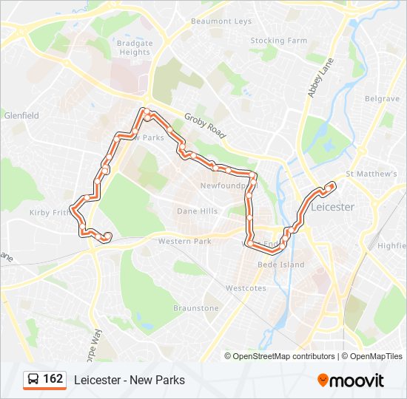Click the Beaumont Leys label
pyautogui.click(x=221, y=21)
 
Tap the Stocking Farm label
pyautogui.click(x=278, y=41)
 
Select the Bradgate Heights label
pyautogui.click(x=134, y=48)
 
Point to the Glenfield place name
pyautogui.click(x=21, y=115)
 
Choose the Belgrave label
pyautogui.click(x=382, y=98)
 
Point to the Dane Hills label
pyautogui.click(x=198, y=211)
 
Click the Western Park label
pyautogui.click(x=184, y=242)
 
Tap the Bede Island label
pyautogui.click(x=280, y=265)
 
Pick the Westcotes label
pyautogui.click(x=246, y=288)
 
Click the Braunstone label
pyautogui.click(x=196, y=307)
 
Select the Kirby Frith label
pyautogui.click(x=50, y=212)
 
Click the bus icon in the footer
pyautogui.click(x=33, y=380)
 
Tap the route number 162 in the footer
pyautogui.click(x=53, y=379)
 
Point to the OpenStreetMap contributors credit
pyautogui.click(x=284, y=356)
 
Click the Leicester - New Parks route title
pyautogui.click(x=129, y=380)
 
